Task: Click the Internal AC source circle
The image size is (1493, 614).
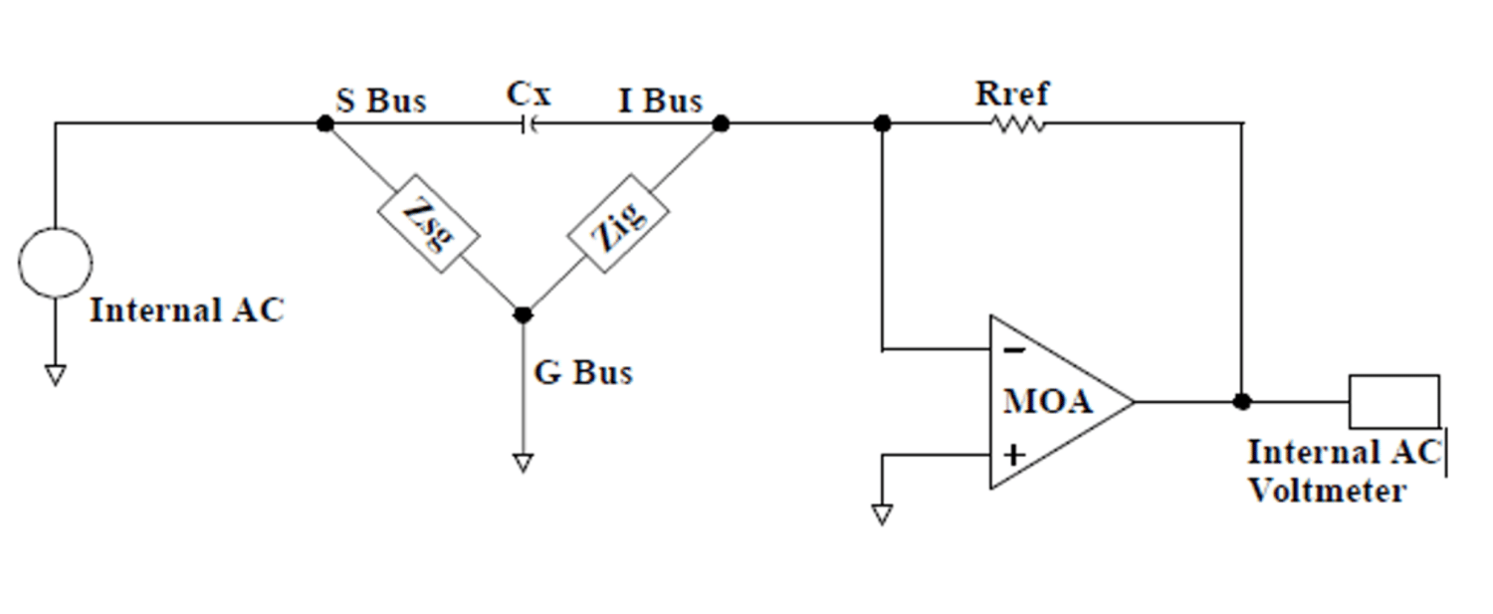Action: pyautogui.click(x=56, y=262)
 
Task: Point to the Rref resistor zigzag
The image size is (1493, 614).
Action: pyautogui.click(x=1017, y=124)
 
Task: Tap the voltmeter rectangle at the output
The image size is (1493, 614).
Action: pyautogui.click(x=1393, y=400)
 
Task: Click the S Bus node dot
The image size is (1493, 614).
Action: pyautogui.click(x=323, y=123)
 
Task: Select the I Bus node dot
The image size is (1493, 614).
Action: pyautogui.click(x=722, y=123)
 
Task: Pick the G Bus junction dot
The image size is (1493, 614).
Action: pyautogui.click(x=523, y=314)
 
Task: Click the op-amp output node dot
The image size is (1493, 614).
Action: pyautogui.click(x=1241, y=402)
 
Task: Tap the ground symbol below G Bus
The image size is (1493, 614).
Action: pyautogui.click(x=523, y=464)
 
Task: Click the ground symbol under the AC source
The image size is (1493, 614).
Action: pyautogui.click(x=56, y=375)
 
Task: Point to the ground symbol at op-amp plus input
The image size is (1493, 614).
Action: pyautogui.click(x=881, y=514)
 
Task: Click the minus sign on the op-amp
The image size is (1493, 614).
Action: pyautogui.click(x=1012, y=350)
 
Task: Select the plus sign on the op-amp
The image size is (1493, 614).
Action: pyautogui.click(x=1013, y=456)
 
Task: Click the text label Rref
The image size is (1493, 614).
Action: pyautogui.click(x=1011, y=95)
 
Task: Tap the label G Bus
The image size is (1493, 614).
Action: pyautogui.click(x=583, y=373)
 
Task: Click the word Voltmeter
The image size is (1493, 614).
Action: pyautogui.click(x=1327, y=490)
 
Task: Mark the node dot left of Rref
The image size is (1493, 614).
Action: pyautogui.click(x=881, y=123)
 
